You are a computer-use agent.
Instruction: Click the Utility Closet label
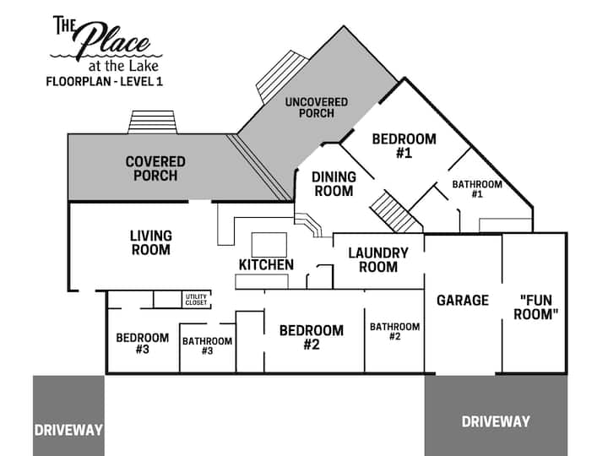coord(196,300)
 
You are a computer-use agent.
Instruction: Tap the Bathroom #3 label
coord(208,346)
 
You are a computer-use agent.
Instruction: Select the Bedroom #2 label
coord(312,337)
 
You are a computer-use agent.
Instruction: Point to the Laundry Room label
coord(378,260)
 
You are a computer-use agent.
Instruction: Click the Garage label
coord(463,300)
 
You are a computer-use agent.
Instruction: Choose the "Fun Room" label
coord(536,307)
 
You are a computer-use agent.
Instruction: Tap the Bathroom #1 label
coord(477,189)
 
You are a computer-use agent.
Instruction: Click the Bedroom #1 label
coord(404,146)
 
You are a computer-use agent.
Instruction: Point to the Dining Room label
coord(334,184)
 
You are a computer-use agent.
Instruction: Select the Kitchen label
coord(266,265)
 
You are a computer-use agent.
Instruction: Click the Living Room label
coord(151,242)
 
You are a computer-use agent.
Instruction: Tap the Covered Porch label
coord(155,169)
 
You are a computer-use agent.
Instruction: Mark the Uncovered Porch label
coord(317,108)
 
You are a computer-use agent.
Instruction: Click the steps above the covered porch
coord(152,122)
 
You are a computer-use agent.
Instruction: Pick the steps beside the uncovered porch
coord(282,77)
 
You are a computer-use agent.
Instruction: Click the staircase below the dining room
coord(396,212)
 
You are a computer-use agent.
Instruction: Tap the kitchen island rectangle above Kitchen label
coord(269,245)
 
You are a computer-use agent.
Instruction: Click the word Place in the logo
coord(112,41)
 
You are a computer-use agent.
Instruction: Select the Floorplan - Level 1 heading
coord(105,82)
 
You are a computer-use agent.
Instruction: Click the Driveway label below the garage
coord(496,422)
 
